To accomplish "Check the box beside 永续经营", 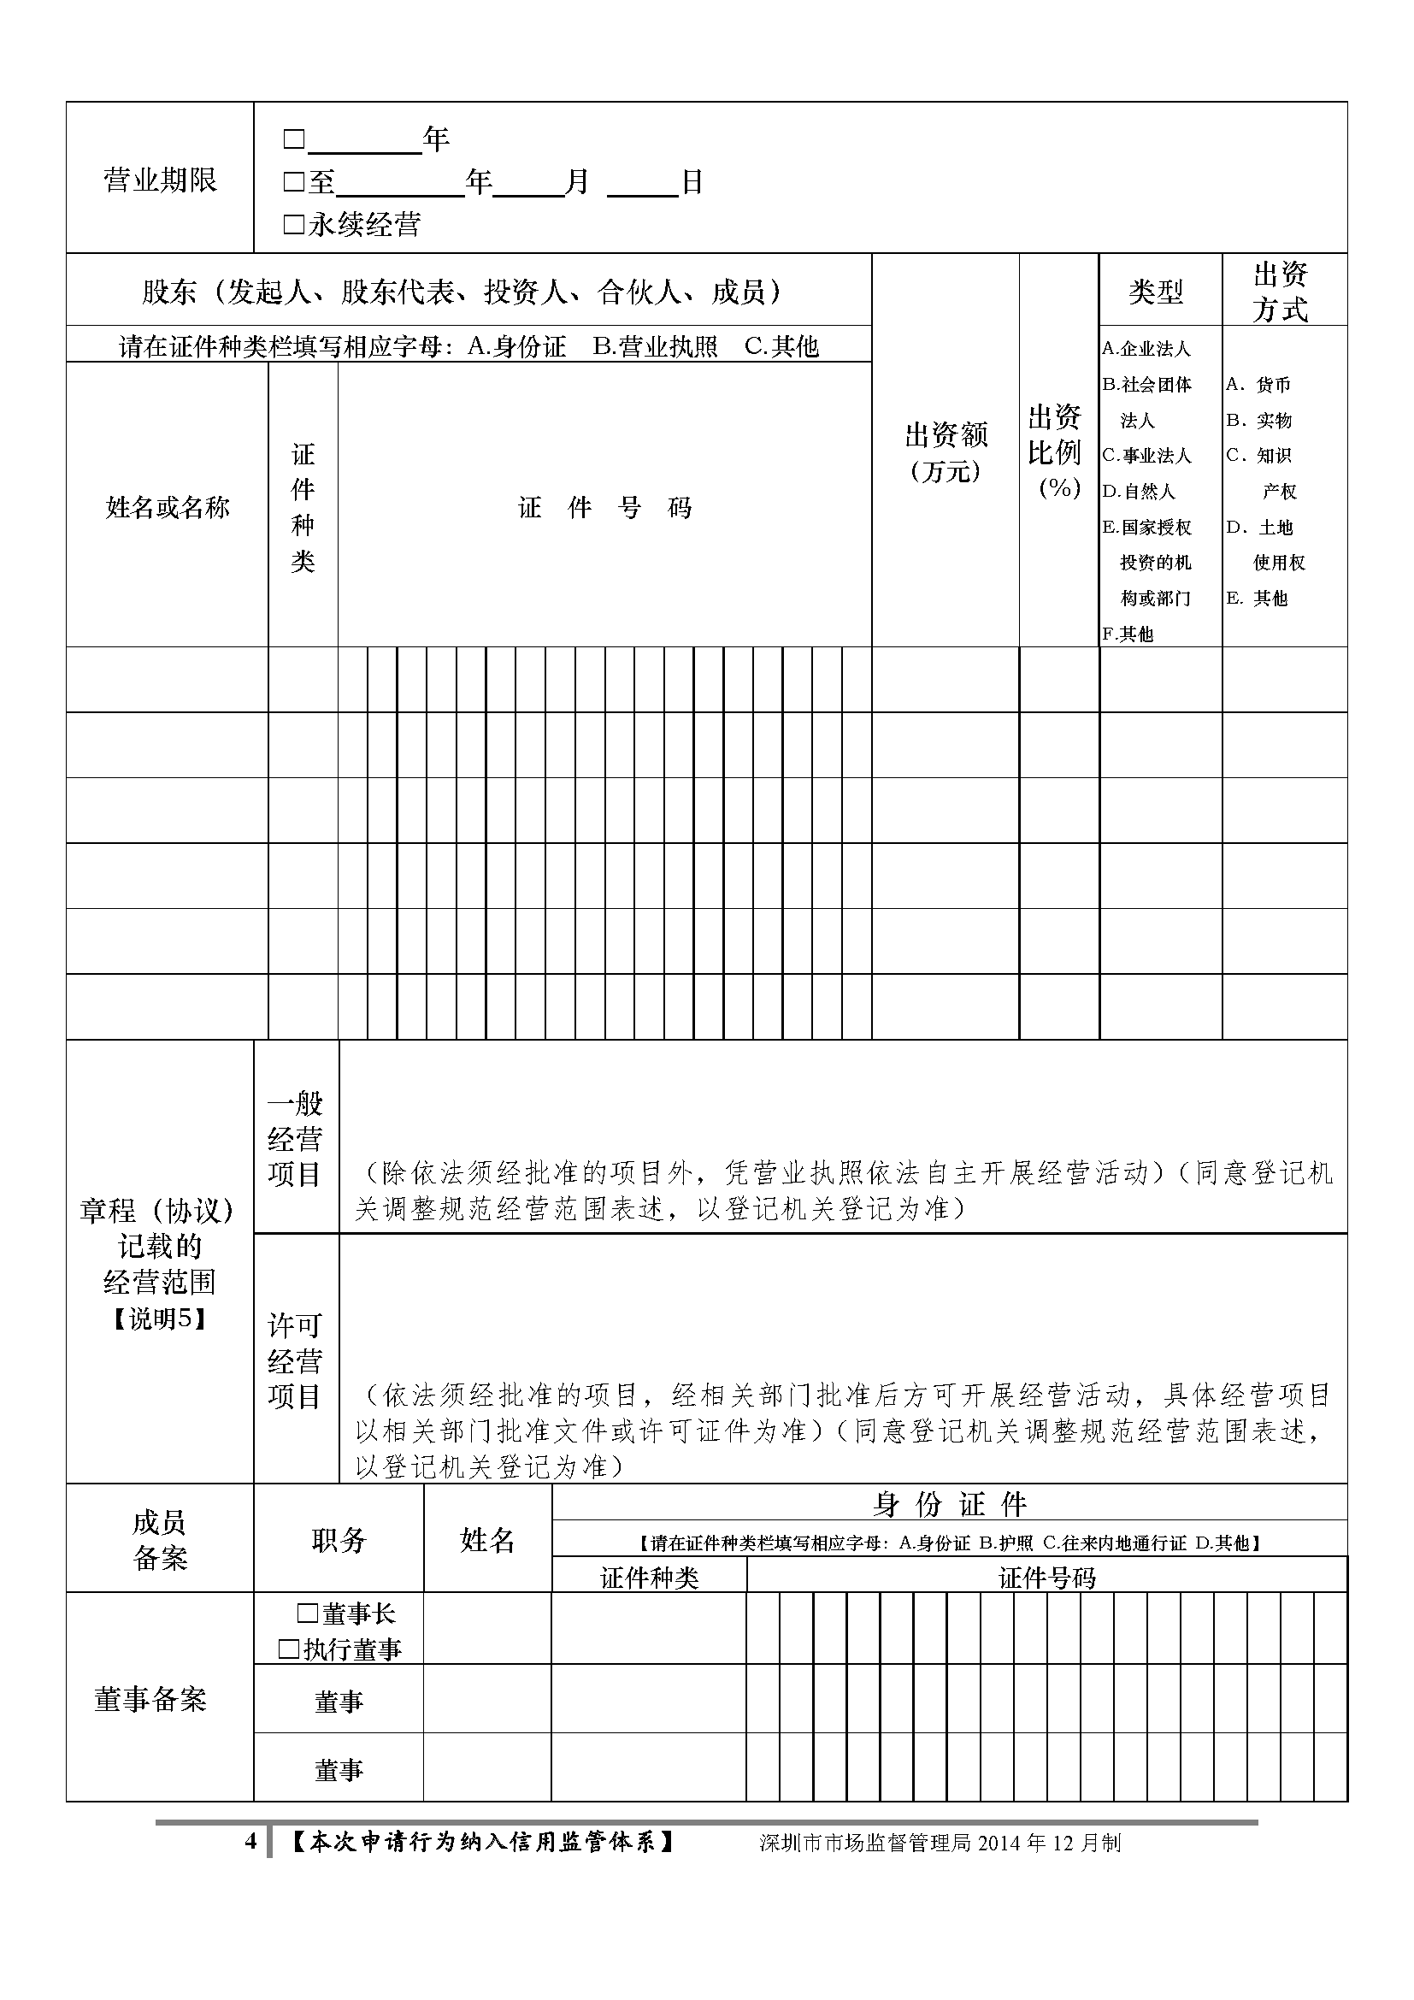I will click(293, 225).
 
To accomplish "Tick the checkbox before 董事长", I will click(307, 1614).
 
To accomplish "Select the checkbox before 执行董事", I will click(288, 1649).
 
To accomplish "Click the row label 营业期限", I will click(160, 180).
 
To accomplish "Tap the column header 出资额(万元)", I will click(946, 451).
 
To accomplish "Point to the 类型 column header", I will click(1156, 291).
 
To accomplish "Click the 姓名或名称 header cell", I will click(168, 507).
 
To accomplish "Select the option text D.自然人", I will click(1139, 492).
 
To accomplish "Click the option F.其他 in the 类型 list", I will click(1128, 634).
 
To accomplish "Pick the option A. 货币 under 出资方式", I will click(1259, 384).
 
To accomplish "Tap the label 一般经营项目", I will click(295, 1138).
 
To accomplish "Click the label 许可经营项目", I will click(295, 1360).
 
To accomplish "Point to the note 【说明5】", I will click(159, 1319).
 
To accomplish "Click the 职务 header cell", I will click(339, 1540).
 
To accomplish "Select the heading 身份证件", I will click(950, 1504).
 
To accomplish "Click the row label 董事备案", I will click(150, 1699).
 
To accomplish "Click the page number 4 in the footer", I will click(250, 1842).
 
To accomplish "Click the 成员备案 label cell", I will click(159, 1540).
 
